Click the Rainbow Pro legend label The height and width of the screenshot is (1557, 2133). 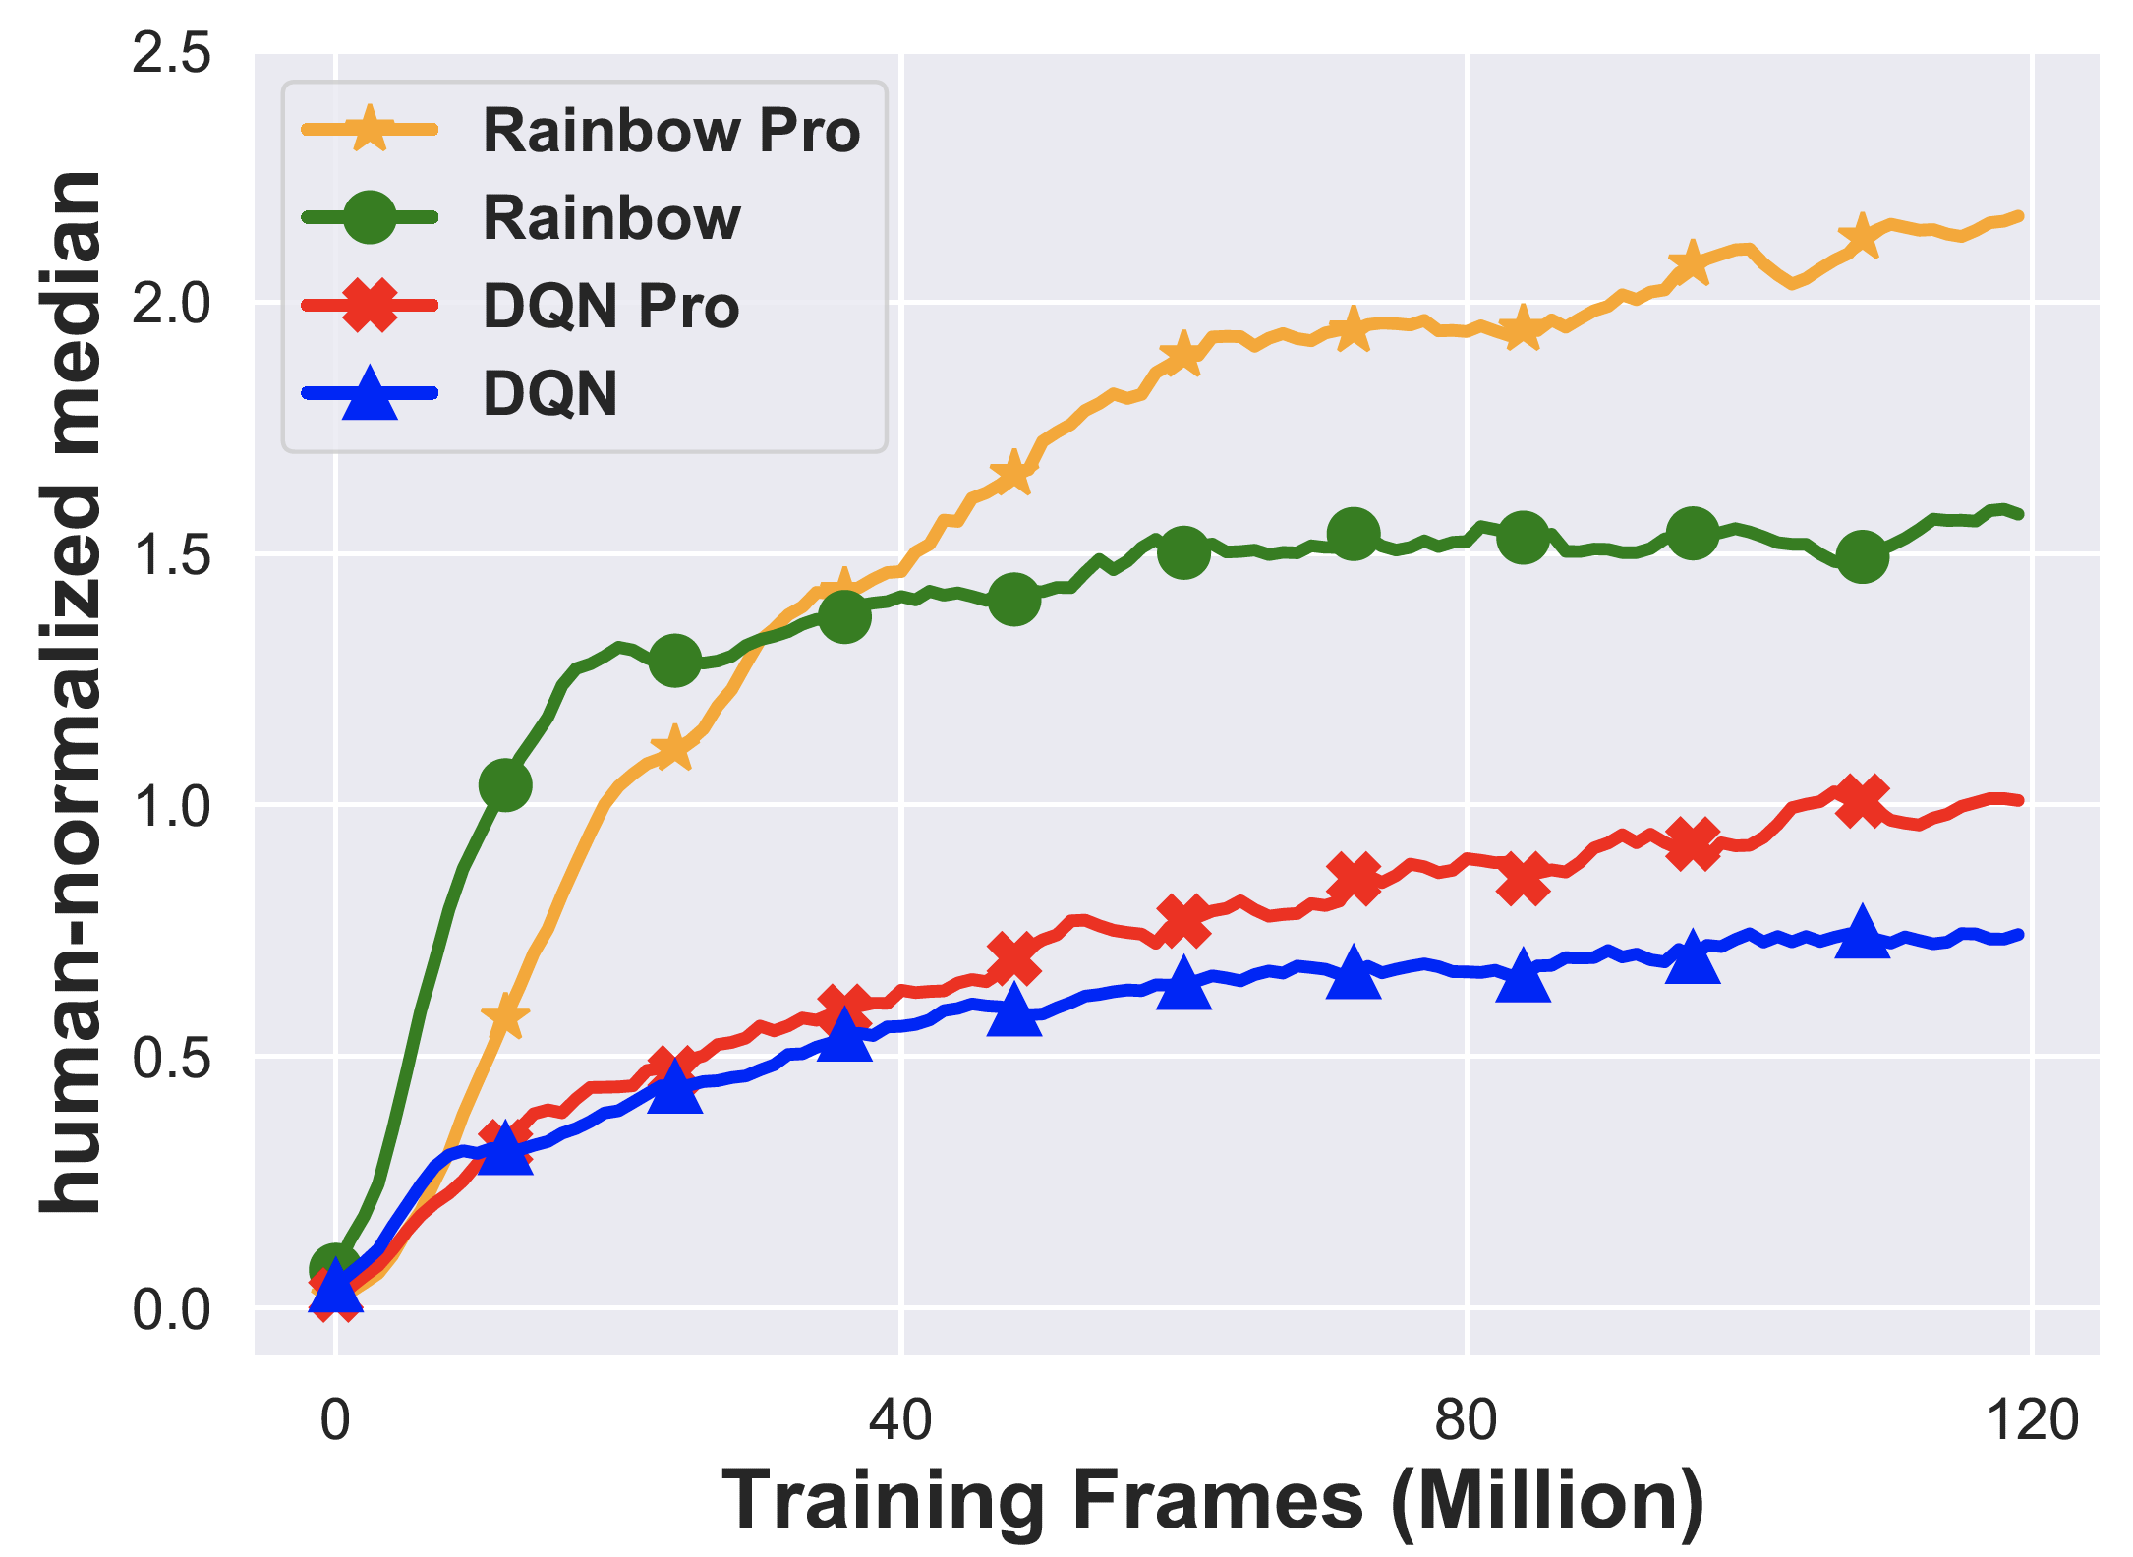click(671, 131)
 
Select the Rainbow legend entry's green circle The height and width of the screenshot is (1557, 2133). click(370, 217)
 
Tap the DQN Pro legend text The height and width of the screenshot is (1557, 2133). click(610, 306)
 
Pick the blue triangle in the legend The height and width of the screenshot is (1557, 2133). click(370, 393)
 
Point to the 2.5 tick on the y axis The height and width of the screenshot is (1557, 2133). click(171, 52)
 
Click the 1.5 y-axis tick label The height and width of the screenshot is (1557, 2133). click(171, 555)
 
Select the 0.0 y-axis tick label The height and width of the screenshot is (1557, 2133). click(171, 1309)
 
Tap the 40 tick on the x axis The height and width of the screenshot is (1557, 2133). click(900, 1421)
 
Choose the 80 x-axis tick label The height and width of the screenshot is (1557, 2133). click(1466, 1421)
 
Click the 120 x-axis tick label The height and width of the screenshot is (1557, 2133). click(2032, 1421)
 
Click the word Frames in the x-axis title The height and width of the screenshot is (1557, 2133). click(1217, 1501)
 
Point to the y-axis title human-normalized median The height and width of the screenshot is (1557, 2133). click(71, 693)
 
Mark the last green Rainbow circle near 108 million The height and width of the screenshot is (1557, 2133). click(1862, 557)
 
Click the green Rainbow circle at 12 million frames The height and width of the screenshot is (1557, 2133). click(505, 784)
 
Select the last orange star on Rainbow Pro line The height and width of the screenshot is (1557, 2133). click(1861, 237)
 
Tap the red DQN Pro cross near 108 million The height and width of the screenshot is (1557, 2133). click(1862, 800)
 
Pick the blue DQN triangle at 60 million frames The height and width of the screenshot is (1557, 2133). click(1183, 981)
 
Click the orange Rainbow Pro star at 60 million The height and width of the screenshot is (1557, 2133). click(1182, 354)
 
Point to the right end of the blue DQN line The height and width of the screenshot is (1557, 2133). click(2018, 935)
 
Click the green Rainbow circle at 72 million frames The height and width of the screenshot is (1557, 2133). click(1354, 534)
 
